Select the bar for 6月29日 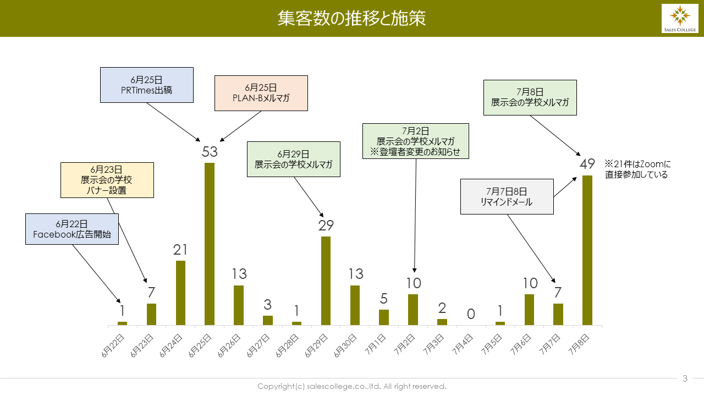[326, 280]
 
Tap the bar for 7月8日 [587, 250]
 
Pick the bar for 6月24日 [180, 293]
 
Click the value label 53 [210, 152]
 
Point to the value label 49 [587, 164]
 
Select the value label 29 [326, 226]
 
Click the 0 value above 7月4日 [471, 314]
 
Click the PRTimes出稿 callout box [147, 85]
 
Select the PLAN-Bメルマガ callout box [261, 93]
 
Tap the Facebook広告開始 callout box [71, 229]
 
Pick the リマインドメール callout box [507, 196]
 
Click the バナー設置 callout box [107, 180]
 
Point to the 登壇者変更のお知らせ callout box [415, 141]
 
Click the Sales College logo [679, 18]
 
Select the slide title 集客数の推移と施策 [351, 18]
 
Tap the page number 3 [685, 378]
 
